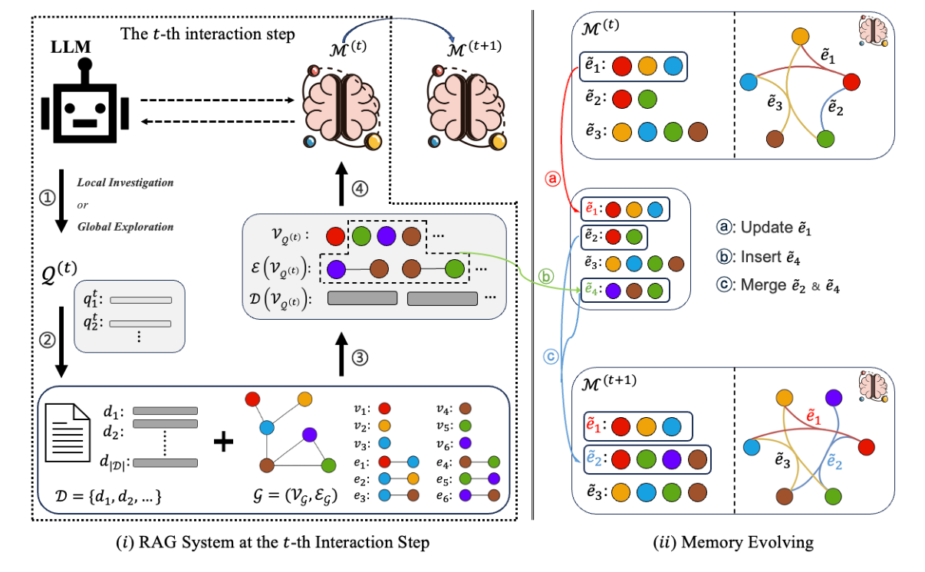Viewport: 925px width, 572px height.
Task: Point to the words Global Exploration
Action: click(x=125, y=227)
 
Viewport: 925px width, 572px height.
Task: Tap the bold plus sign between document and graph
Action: click(x=222, y=442)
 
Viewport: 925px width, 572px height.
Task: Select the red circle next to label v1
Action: click(x=385, y=409)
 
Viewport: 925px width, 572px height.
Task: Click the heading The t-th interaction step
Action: click(x=208, y=35)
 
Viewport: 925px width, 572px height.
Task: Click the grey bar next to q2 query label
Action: click(x=140, y=324)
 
